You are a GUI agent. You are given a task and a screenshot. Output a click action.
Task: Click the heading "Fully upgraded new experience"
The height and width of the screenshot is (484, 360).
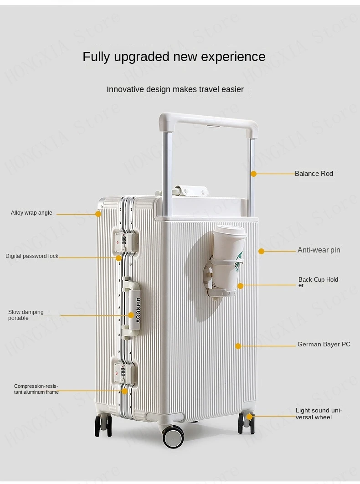(x=174, y=57)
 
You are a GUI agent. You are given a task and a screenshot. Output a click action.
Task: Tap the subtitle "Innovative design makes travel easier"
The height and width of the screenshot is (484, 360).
(x=175, y=89)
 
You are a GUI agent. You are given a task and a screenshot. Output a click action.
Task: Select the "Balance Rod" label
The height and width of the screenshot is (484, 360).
(x=314, y=174)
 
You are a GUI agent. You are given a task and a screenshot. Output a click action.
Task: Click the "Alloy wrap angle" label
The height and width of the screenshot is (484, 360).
(x=31, y=213)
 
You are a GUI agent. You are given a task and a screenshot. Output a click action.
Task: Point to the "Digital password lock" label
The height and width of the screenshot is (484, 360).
(x=32, y=256)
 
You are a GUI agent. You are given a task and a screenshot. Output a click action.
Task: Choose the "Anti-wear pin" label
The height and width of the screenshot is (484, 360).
(x=319, y=250)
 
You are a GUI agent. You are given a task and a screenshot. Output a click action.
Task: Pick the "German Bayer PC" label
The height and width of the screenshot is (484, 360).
(x=324, y=345)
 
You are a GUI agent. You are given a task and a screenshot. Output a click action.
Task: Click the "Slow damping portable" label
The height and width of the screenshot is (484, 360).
(x=26, y=315)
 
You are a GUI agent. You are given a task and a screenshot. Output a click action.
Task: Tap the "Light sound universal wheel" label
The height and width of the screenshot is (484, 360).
(x=318, y=414)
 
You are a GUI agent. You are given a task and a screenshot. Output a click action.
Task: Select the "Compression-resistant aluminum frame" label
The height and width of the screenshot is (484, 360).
(x=36, y=389)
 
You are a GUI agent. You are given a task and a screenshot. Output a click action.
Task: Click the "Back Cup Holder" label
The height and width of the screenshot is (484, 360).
(x=319, y=282)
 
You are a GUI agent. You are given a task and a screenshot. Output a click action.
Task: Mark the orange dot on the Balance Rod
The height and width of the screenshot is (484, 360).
(x=254, y=174)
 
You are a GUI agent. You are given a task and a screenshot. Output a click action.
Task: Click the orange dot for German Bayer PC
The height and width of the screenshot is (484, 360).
(x=238, y=346)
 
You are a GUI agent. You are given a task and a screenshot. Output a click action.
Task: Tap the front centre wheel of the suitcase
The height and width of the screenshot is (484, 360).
(x=173, y=437)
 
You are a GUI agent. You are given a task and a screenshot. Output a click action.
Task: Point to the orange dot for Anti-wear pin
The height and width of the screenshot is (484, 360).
(x=261, y=251)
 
